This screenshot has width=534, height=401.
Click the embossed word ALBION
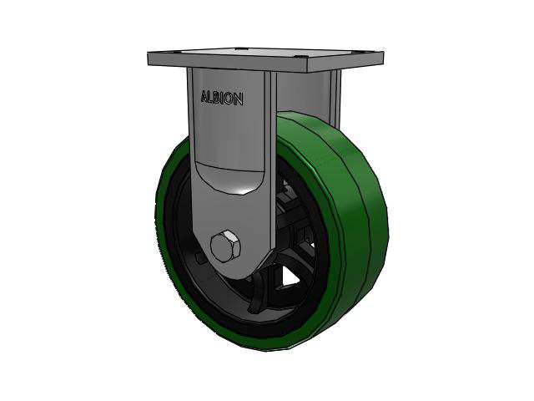point(222,98)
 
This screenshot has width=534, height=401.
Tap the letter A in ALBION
point(204,96)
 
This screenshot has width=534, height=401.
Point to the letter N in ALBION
point(239,99)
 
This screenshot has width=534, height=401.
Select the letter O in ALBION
point(230,99)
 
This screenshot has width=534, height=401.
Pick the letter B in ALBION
point(218,98)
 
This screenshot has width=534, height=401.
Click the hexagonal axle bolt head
point(225,246)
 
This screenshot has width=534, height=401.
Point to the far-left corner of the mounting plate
point(148,53)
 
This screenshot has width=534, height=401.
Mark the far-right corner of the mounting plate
point(384,53)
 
